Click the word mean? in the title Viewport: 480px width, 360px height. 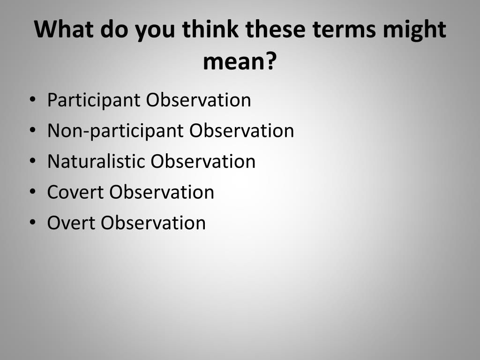(x=240, y=61)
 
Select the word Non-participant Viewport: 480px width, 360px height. (x=116, y=131)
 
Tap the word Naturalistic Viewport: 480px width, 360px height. (x=96, y=161)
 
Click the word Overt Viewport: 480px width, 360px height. (x=71, y=222)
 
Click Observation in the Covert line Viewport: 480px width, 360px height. (x=162, y=192)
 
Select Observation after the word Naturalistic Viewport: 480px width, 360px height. (x=203, y=161)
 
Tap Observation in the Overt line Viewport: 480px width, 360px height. (x=153, y=222)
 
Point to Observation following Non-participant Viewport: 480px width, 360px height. (x=241, y=131)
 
